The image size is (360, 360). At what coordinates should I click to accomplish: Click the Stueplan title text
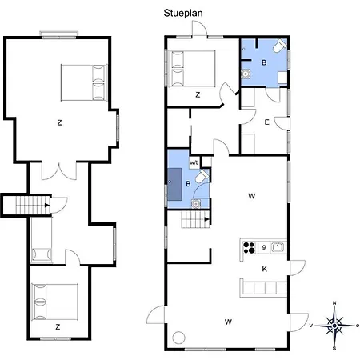pyautogui.click(x=183, y=13)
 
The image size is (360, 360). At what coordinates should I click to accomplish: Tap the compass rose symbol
pyautogui.click(x=334, y=326)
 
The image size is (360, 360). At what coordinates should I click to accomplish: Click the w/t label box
pyautogui.click(x=194, y=162)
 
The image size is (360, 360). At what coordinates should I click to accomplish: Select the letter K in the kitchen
pyautogui.click(x=264, y=269)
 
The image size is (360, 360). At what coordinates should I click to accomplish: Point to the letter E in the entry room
pyautogui.click(x=266, y=122)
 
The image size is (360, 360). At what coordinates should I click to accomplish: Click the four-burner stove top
pyautogui.click(x=249, y=247)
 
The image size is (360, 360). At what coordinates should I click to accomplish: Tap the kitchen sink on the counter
pyautogui.click(x=278, y=247)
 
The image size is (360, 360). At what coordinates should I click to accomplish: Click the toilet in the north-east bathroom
pyautogui.click(x=279, y=46)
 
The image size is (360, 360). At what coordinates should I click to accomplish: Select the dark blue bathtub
pyautogui.click(x=174, y=184)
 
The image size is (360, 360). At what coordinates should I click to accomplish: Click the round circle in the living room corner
pyautogui.click(x=178, y=338)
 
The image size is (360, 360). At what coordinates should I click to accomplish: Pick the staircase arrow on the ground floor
pyautogui.click(x=206, y=219)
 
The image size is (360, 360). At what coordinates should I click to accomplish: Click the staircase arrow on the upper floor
pyautogui.click(x=47, y=206)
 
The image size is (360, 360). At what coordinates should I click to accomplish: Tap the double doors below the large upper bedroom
pyautogui.click(x=59, y=170)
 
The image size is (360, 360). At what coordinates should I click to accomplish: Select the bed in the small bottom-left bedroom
pyautogui.click(x=54, y=302)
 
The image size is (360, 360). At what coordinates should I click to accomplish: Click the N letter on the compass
pyautogui.click(x=334, y=303)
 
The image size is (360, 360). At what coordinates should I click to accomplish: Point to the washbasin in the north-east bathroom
pyautogui.click(x=246, y=74)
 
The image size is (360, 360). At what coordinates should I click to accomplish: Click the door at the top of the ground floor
pyautogui.click(x=199, y=29)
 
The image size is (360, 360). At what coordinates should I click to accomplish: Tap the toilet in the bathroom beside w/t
pyautogui.click(x=202, y=176)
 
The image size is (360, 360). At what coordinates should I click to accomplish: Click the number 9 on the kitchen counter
pyautogui.click(x=264, y=247)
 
